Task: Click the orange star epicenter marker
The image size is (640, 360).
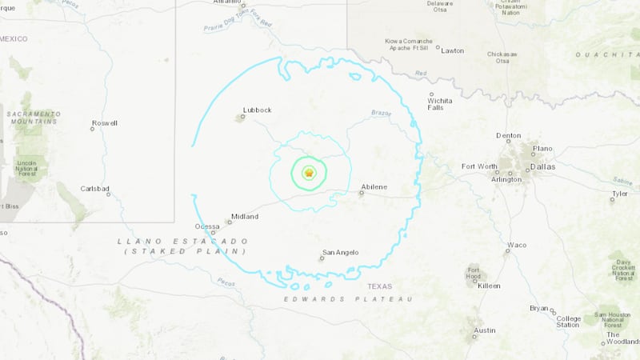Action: (310, 172)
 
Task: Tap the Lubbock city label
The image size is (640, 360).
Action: (258, 110)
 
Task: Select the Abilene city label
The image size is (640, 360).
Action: (374, 187)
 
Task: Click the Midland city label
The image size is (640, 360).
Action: (245, 217)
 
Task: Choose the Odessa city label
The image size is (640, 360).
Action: (206, 226)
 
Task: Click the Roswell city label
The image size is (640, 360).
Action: (105, 123)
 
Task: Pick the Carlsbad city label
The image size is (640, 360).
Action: (96, 189)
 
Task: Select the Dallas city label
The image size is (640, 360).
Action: (542, 166)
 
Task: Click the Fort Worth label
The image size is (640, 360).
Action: (478, 166)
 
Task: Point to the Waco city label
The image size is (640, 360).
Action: (517, 244)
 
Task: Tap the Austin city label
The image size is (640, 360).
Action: (484, 330)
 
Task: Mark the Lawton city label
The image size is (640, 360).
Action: (453, 50)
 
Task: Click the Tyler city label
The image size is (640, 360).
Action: (620, 194)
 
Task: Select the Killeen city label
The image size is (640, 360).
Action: (489, 286)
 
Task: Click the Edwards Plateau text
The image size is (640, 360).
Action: (348, 299)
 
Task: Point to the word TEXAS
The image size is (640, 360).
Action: (380, 286)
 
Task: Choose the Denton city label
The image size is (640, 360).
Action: (508, 136)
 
